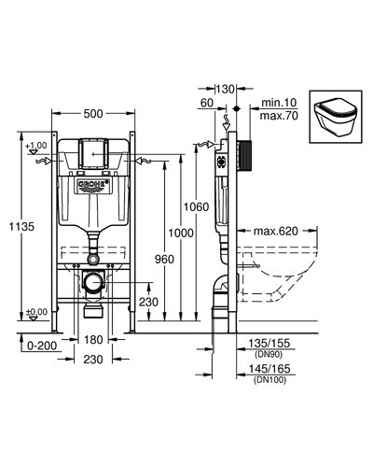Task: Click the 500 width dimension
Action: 93,114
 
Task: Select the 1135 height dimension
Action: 21,226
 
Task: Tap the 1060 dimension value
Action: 196,206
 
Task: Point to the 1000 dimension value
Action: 181,233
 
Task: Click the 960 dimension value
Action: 164,259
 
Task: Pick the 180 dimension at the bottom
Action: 93,340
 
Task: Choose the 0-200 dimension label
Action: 42,346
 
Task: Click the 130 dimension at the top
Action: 225,90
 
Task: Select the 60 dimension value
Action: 207,103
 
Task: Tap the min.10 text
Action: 279,103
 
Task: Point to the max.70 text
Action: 279,116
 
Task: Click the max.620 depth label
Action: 276,231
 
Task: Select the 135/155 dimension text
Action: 269,343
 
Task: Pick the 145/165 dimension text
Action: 269,369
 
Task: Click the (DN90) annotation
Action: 269,354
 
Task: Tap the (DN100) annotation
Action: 269,380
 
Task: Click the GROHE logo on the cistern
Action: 93,184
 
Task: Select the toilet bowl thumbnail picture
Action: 336,117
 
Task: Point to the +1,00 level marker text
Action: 36,146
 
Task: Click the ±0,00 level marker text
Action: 36,312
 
